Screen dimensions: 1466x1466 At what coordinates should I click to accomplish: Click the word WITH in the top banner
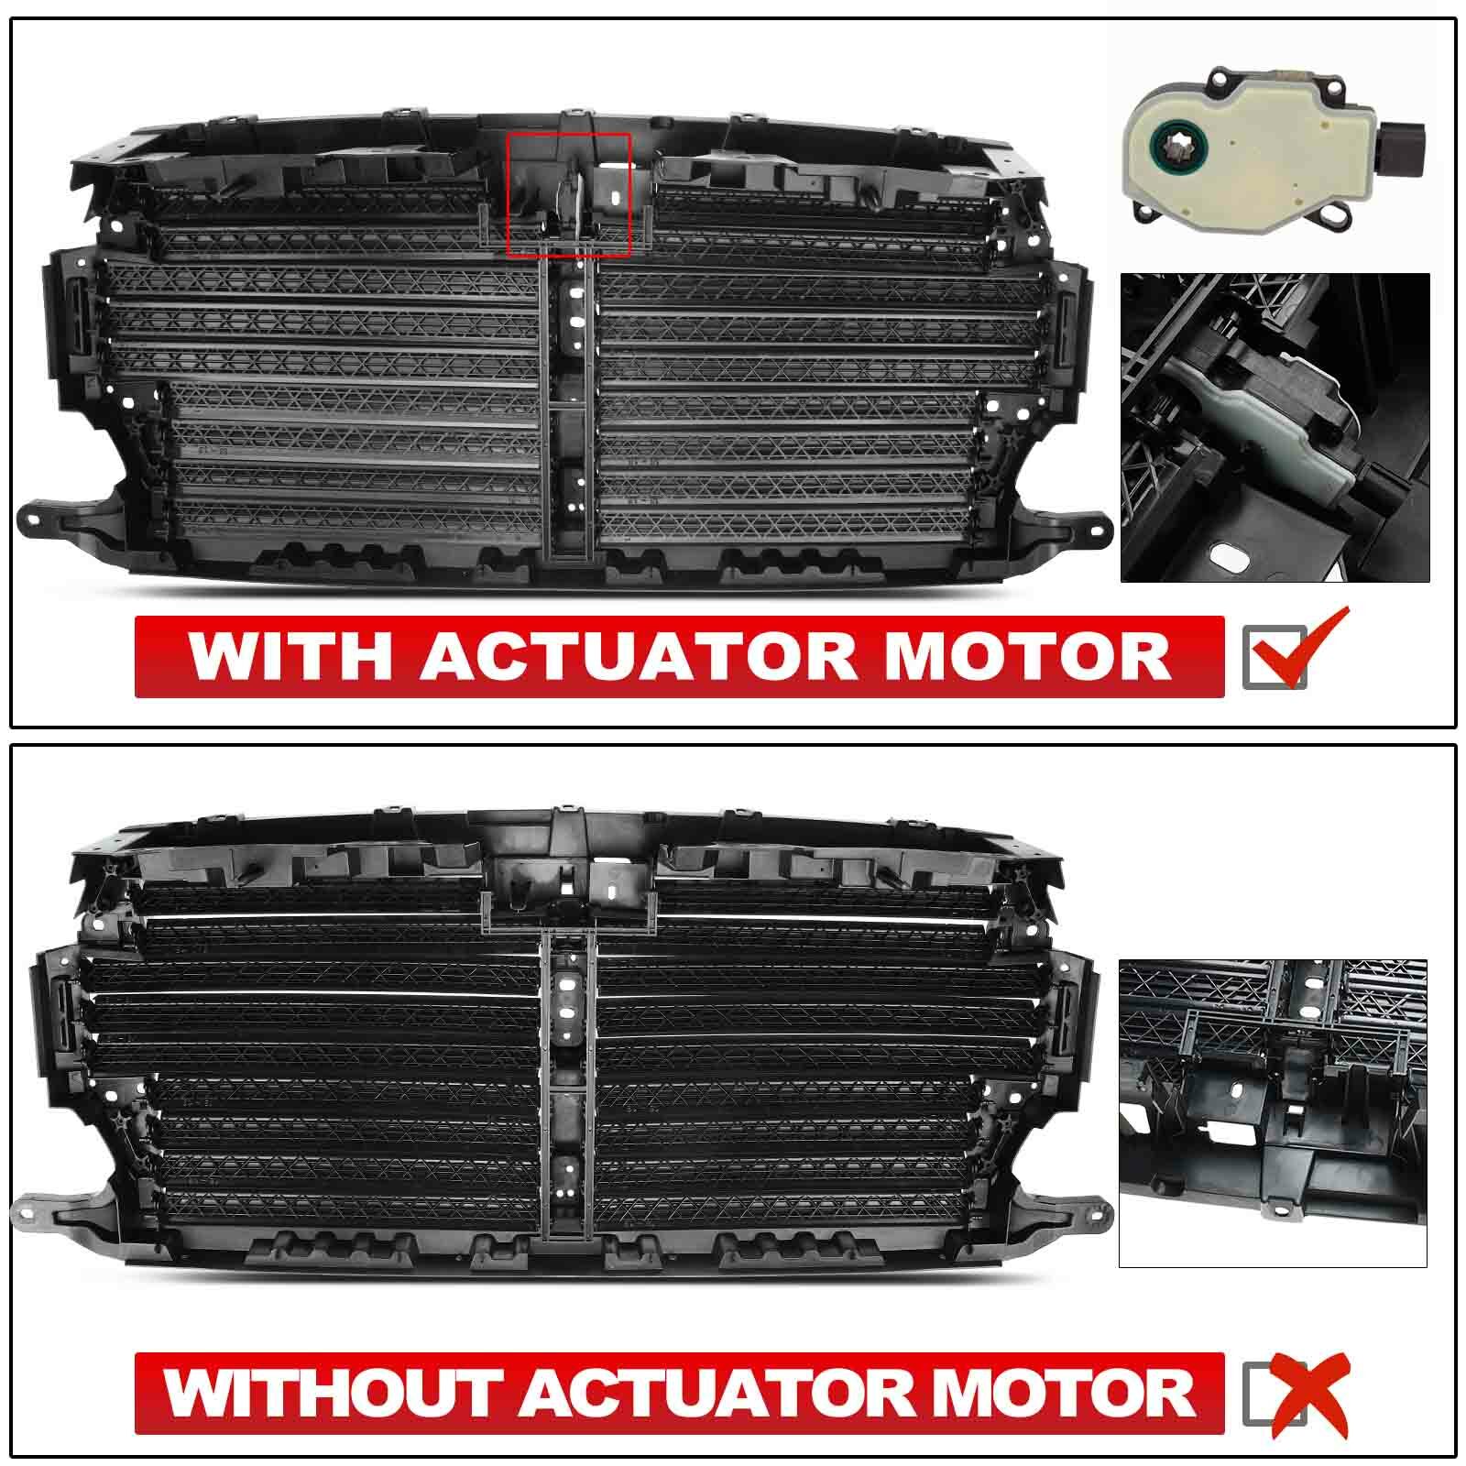pos(290,656)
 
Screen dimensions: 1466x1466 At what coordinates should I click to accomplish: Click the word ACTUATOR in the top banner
pos(640,656)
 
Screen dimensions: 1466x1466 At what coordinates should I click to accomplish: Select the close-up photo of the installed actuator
pos(1275,427)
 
